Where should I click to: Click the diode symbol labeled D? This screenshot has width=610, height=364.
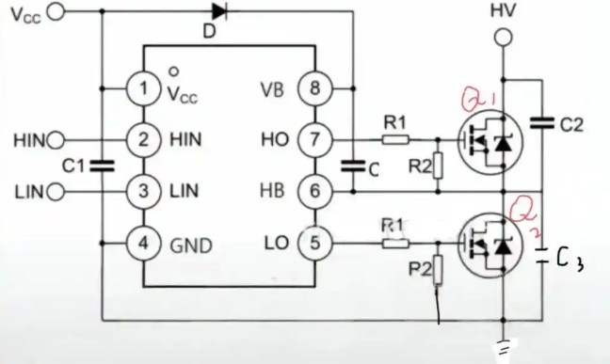(219, 11)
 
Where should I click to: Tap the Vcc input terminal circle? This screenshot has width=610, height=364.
(56, 12)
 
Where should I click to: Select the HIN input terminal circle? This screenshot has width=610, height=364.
(56, 140)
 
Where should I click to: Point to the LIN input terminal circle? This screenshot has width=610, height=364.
(56, 192)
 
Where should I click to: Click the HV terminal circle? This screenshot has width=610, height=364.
(504, 39)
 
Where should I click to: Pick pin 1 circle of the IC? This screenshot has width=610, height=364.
(143, 88)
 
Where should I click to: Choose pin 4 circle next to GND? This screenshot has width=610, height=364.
(143, 244)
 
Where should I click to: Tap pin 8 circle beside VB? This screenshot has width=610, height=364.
(314, 88)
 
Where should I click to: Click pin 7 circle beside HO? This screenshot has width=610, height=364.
(314, 139)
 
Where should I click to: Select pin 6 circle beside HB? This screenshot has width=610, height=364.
(314, 191)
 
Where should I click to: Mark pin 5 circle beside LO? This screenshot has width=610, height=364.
(314, 243)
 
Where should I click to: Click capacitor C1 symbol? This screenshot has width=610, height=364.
(103, 166)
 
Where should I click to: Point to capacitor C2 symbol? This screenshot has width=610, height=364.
(542, 123)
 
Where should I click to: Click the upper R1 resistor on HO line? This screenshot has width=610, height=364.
(395, 139)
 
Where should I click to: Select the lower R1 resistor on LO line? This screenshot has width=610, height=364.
(395, 244)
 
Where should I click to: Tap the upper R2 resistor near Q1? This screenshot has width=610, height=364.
(438, 166)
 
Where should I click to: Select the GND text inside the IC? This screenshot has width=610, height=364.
(191, 245)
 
